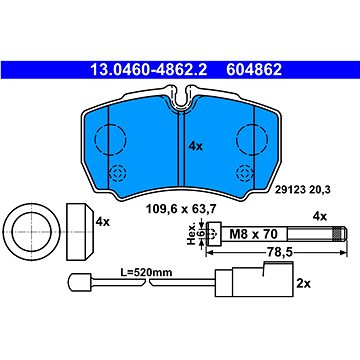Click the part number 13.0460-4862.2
pos(149,70)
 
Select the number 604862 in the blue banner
pos(254,70)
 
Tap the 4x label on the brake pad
pos(196,146)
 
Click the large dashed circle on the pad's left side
pos(95,139)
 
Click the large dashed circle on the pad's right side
pos(237,139)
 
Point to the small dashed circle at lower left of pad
pos(110,173)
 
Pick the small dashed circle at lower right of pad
pos(236,173)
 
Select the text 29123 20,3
pos(302,190)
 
